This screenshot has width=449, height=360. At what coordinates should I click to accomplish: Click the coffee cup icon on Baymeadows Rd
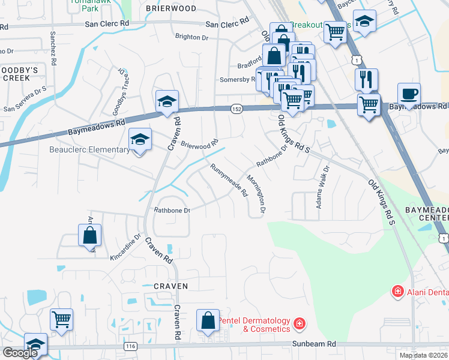pyautogui.click(x=409, y=94)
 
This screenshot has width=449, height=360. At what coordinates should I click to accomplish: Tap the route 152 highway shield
pyautogui.click(x=237, y=109)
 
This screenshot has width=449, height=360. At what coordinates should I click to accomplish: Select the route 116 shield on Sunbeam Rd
pyautogui.click(x=130, y=347)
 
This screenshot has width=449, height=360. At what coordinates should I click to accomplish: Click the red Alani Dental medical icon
pyautogui.click(x=397, y=292)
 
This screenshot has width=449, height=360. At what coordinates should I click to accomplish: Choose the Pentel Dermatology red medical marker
pyautogui.click(x=299, y=325)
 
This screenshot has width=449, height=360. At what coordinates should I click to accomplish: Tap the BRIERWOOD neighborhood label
pyautogui.click(x=171, y=8)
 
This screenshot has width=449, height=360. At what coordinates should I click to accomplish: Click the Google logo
pyautogui.click(x=20, y=353)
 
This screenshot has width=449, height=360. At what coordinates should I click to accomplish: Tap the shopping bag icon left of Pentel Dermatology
pyautogui.click(x=208, y=321)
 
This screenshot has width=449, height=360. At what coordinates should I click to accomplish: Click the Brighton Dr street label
pyautogui.click(x=191, y=37)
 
